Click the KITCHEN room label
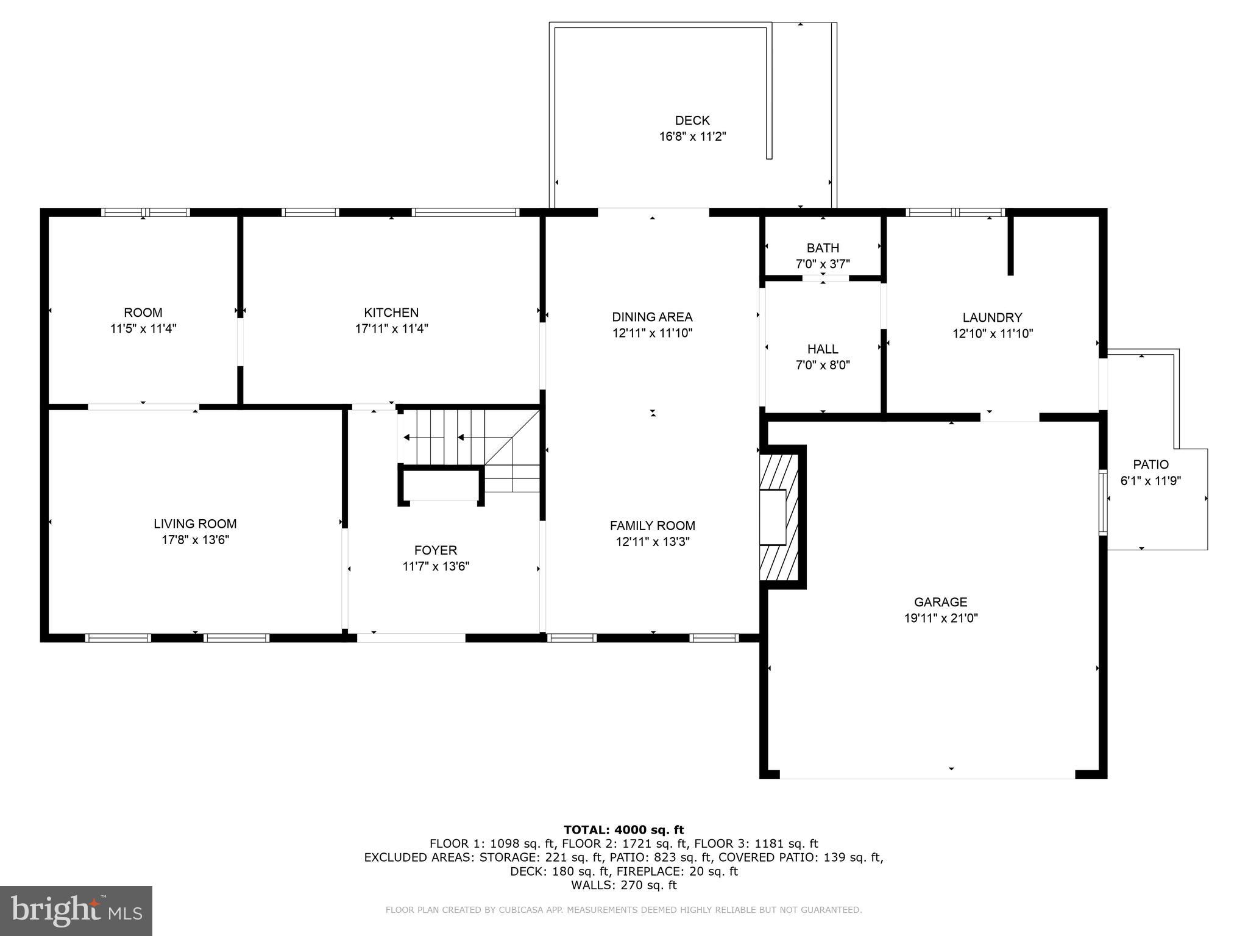tap(391, 313)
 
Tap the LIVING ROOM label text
tap(195, 523)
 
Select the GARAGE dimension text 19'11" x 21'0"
tap(941, 618)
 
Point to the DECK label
tap(692, 121)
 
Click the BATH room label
tap(823, 248)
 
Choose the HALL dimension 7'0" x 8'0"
tap(823, 365)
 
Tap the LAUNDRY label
tap(992, 317)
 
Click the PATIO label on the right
tap(1150, 464)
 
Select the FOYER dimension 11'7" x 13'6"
tap(436, 566)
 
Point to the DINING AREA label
tap(652, 317)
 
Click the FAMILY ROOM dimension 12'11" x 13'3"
tap(652, 541)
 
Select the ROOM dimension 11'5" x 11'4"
tap(143, 328)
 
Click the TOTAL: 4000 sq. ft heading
tap(623, 829)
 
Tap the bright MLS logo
tap(76, 910)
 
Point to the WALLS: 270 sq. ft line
tap(623, 885)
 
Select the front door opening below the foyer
tap(411, 638)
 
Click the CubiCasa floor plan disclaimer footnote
tap(623, 910)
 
